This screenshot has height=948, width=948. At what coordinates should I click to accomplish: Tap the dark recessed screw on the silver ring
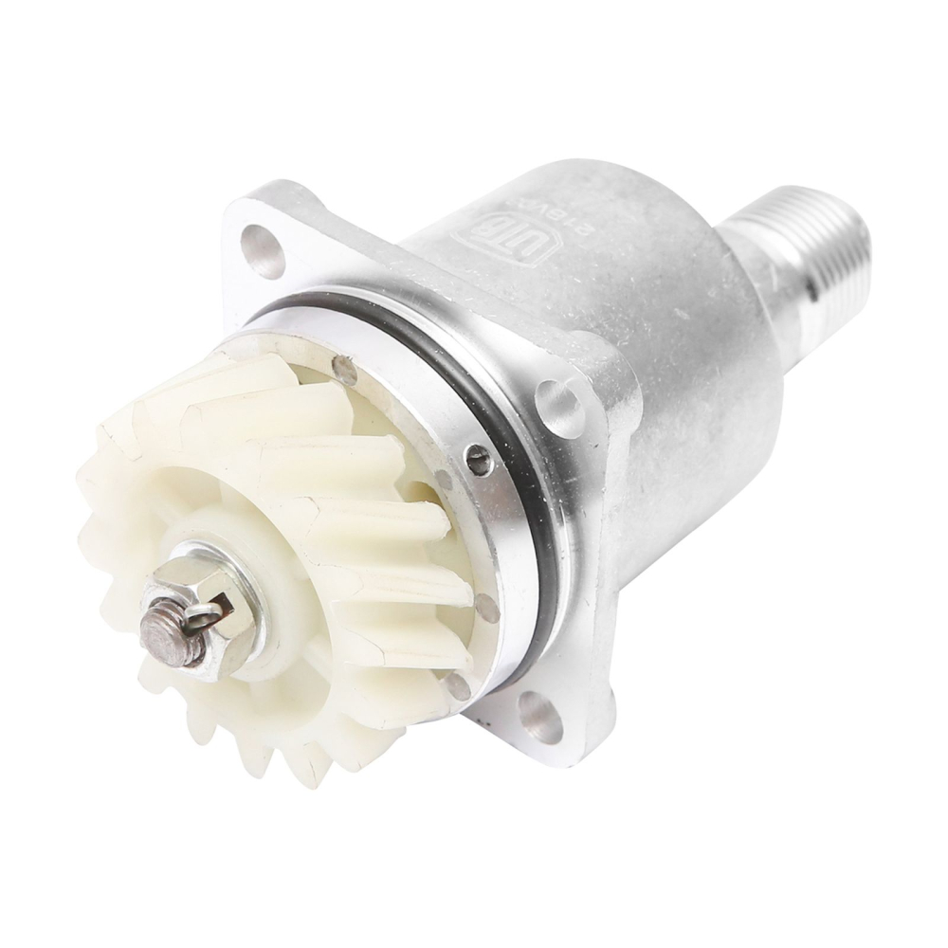click(480, 462)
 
